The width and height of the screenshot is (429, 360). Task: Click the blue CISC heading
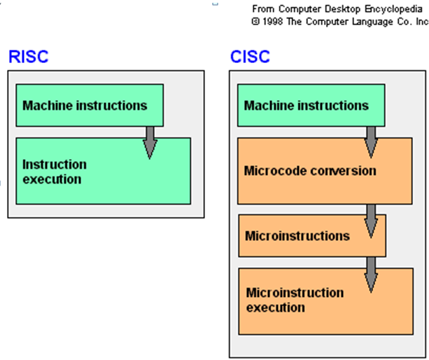pos(250,57)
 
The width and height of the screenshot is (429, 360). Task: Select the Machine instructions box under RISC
pos(89,105)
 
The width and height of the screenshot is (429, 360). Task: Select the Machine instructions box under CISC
pos(311,105)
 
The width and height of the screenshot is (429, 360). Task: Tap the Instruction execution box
pos(102,172)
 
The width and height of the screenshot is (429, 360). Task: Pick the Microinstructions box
pos(311,235)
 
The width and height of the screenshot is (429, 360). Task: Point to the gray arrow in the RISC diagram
pos(150,141)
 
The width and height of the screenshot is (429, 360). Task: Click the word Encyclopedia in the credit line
pos(395,9)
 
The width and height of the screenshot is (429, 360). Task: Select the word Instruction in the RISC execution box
pos(55,165)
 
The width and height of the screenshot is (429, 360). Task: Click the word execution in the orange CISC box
pos(275,307)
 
